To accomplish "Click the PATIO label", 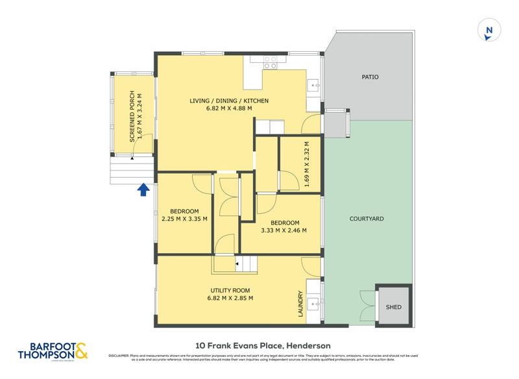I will coord(370,77).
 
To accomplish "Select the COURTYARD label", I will coord(367,219).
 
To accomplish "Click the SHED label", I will coord(393,307).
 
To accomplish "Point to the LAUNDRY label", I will coord(300,303).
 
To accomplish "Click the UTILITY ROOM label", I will coord(230,290).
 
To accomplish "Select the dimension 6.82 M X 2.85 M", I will coord(230,299).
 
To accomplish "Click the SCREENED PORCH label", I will coord(132,116).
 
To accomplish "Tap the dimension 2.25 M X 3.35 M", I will coord(184,219).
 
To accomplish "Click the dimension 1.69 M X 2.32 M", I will coord(306,164).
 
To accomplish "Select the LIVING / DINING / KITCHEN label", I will coord(229,101).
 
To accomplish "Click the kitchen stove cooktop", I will coord(270,63).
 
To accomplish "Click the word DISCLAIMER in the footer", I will coord(119,356).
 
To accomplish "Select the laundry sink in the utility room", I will coord(313,302).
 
